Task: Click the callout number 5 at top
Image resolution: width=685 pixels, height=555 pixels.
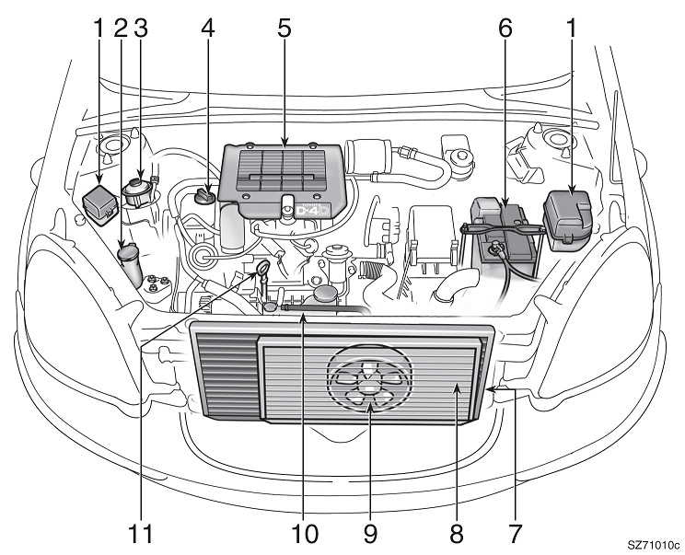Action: click(284, 28)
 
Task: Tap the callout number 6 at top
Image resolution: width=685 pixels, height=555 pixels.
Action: click(504, 28)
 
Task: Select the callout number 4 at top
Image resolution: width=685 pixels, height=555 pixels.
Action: click(208, 28)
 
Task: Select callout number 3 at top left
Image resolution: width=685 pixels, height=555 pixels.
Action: click(140, 28)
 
